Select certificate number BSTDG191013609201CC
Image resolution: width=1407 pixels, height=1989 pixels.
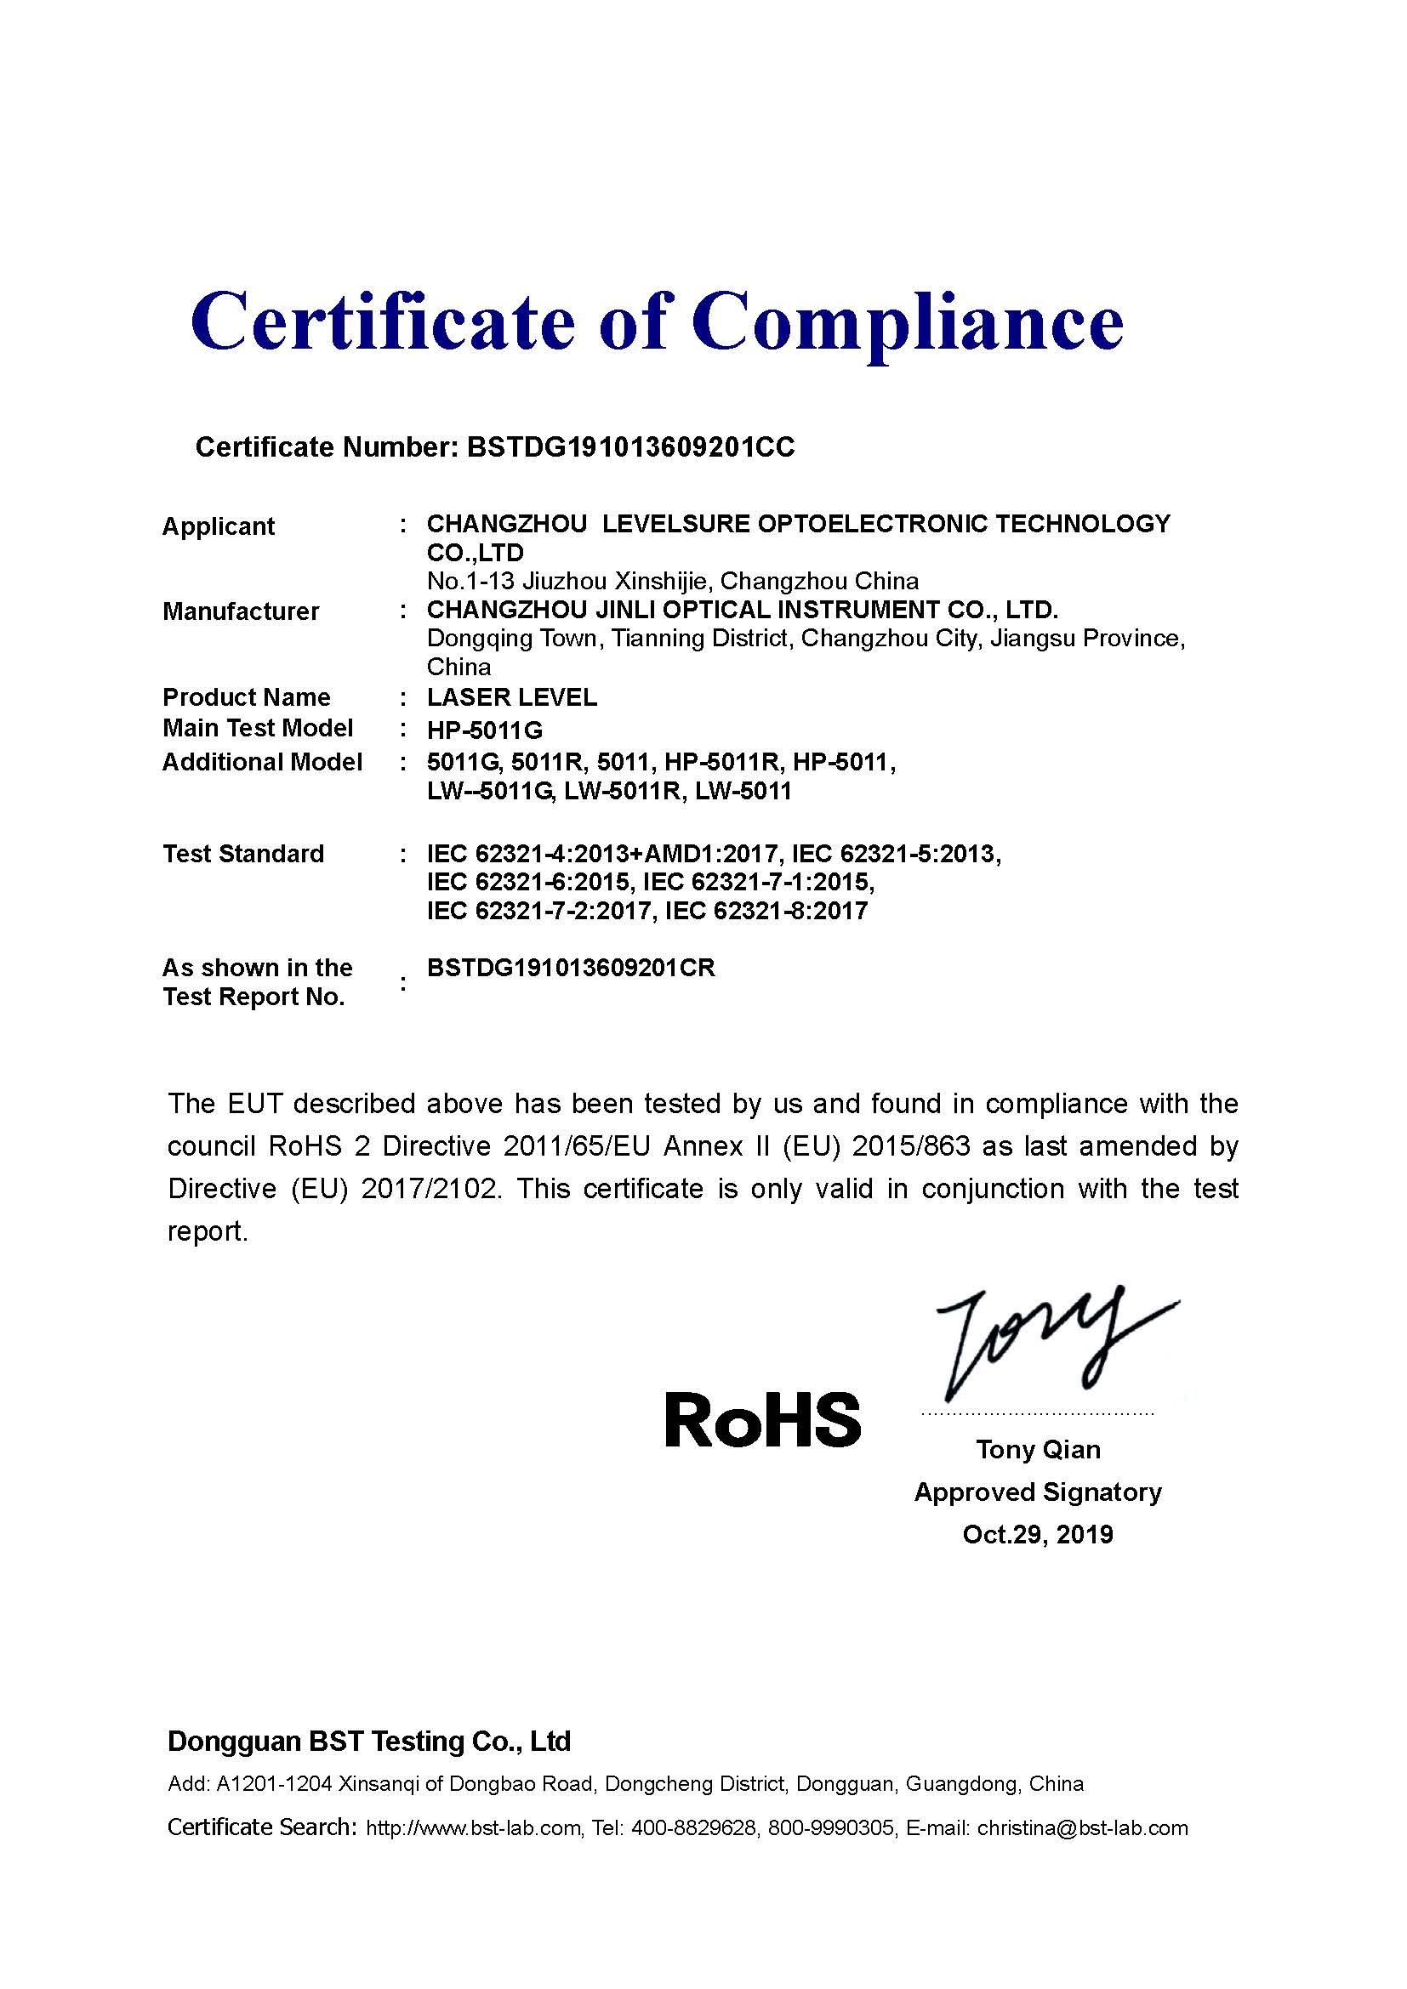coord(629,447)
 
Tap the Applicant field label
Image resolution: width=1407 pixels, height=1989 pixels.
coord(219,526)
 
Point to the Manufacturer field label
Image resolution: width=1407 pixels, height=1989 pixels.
coord(241,611)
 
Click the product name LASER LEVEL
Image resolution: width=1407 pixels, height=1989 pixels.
coord(512,697)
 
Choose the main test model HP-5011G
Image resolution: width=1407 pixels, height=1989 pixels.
coord(484,730)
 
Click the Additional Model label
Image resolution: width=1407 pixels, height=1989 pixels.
coord(262,762)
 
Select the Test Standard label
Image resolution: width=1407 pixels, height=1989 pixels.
coord(243,854)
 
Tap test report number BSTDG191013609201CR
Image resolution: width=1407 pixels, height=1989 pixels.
coord(571,969)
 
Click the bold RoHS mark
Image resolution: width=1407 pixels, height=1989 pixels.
coord(762,1420)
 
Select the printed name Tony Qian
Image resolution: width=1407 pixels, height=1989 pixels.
coord(1038,1450)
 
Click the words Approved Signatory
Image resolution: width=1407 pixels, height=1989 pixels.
coord(1038,1492)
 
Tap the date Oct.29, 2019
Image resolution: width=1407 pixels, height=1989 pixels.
coord(1038,1535)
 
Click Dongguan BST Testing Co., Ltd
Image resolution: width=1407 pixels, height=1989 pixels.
coord(369,1742)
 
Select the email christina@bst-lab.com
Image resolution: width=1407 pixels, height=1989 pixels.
coord(1082,1829)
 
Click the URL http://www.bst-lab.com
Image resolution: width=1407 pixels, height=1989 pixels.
coord(473,1829)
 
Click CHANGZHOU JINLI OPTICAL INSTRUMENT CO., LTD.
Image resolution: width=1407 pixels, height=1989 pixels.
coord(743,610)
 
